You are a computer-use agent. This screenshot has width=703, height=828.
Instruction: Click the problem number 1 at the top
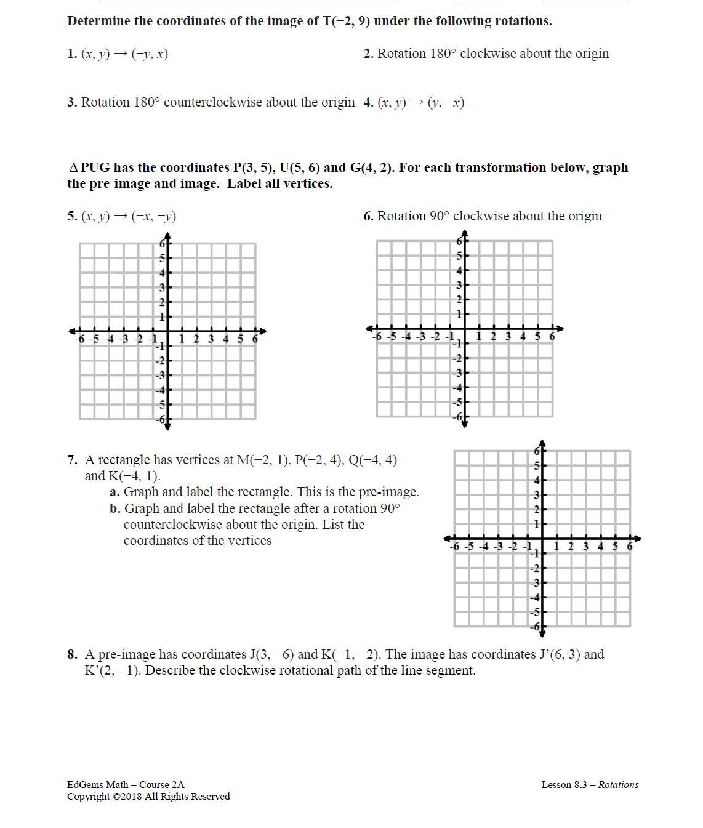71,54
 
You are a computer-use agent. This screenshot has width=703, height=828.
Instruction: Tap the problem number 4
368,103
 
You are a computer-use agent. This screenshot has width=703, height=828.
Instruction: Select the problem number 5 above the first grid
71,217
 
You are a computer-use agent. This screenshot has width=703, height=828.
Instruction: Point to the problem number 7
72,460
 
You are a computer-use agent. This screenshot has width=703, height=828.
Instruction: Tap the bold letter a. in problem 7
114,492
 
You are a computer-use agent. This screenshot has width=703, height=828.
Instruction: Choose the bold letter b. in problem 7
115,509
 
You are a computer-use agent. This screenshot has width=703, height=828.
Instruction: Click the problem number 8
72,655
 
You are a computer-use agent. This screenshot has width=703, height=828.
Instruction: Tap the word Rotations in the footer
618,785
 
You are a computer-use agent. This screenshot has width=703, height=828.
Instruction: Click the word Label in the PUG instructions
244,184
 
